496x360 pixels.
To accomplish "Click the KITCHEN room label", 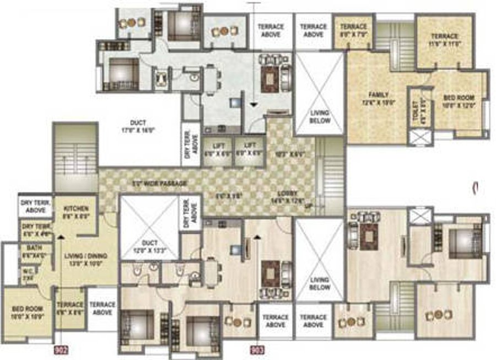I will click(76, 209).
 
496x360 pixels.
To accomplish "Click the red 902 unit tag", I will click(61, 348).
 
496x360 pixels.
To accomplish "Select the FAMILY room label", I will click(372, 94).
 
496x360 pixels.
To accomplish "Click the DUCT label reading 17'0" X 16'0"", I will click(138, 123).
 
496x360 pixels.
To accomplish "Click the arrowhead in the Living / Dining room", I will click(60, 235).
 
